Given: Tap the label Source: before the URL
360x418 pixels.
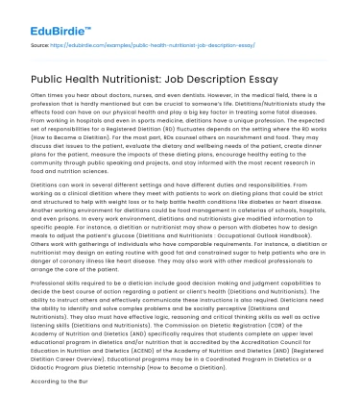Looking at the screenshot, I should pyautogui.click(x=41, y=45).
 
